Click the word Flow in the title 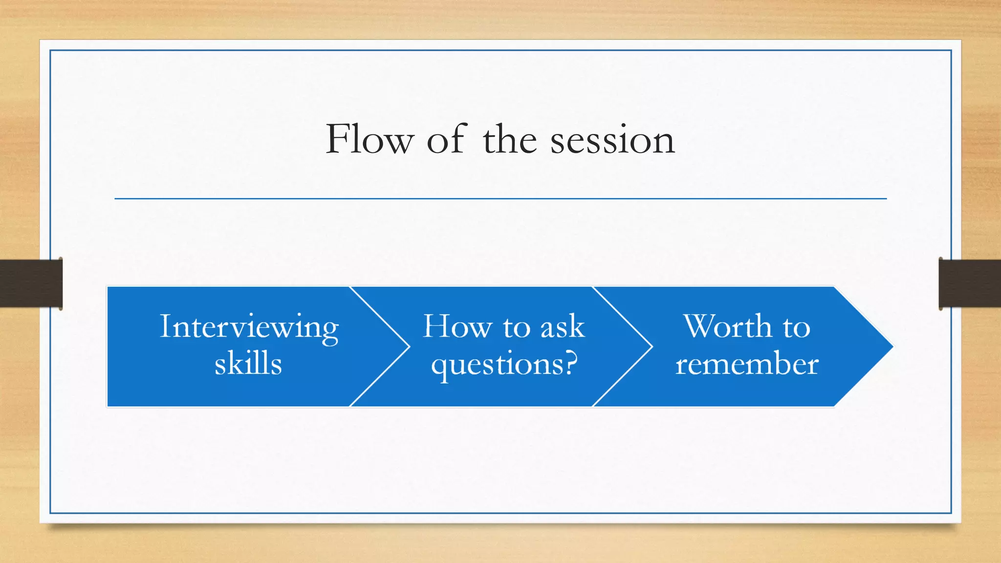[370, 139]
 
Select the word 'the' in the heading [510, 139]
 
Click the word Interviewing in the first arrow [249, 327]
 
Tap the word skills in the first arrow [248, 364]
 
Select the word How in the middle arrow [457, 326]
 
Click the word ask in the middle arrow [563, 326]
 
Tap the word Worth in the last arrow [727, 326]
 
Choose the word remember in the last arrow [747, 365]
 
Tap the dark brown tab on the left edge [30, 283]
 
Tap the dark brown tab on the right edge [970, 283]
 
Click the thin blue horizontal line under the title [500, 198]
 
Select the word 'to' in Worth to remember [796, 327]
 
